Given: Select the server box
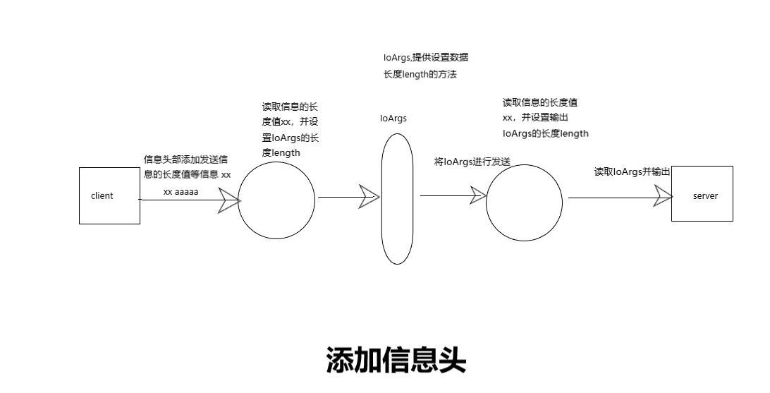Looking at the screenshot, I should (702, 212).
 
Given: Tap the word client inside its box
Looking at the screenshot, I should (102, 195).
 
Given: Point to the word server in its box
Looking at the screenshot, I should (705, 195).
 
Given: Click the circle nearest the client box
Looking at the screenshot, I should (276, 200).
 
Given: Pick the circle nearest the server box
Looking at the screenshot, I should (525, 202).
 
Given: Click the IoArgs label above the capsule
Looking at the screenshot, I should (393, 119).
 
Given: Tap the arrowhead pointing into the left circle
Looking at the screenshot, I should (230, 200).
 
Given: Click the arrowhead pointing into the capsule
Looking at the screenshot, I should (369, 197).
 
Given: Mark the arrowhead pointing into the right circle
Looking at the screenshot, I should (479, 195).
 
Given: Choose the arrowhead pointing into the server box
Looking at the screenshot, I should (663, 196).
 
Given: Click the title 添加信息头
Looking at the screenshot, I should (396, 361).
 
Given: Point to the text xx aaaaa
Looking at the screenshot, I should (181, 191).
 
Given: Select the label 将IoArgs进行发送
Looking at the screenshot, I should (472, 162).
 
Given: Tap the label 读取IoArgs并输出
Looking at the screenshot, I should (632, 171).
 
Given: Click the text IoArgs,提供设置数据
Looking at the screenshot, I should (420, 58).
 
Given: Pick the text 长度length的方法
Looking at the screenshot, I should (420, 74).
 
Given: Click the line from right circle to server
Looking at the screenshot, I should (610, 198).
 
